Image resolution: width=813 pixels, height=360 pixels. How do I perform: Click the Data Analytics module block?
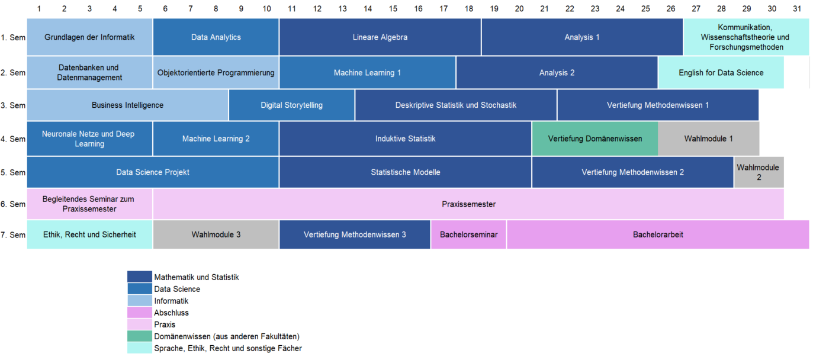(216, 37)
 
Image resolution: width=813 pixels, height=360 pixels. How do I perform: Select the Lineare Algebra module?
(380, 37)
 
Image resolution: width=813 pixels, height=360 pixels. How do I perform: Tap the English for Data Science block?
(721, 73)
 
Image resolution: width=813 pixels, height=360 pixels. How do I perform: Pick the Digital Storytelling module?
(291, 105)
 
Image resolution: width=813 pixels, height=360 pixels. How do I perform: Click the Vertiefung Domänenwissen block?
(595, 139)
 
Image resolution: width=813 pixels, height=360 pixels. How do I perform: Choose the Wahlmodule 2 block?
(759, 172)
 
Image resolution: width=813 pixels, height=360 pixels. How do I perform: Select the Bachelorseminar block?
(468, 234)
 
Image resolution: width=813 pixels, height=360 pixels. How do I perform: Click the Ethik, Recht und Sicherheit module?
(89, 234)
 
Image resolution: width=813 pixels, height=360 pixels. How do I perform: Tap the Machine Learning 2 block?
(216, 139)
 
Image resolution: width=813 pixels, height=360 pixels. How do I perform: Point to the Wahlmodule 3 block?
(216, 234)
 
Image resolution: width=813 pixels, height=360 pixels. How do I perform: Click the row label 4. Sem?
(13, 139)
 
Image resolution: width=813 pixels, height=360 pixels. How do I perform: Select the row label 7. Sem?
(13, 235)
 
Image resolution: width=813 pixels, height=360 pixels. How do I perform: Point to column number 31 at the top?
(796, 9)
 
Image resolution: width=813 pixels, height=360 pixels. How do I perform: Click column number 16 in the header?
(418, 9)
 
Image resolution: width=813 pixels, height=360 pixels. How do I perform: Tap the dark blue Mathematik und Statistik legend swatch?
(140, 277)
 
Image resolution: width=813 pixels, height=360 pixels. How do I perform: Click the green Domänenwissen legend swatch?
(140, 336)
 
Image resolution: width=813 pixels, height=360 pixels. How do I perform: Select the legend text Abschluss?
(171, 313)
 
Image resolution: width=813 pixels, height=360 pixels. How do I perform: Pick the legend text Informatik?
(171, 301)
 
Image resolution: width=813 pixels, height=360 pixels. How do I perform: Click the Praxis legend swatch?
(140, 324)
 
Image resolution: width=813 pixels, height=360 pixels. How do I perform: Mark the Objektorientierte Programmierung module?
(216, 73)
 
